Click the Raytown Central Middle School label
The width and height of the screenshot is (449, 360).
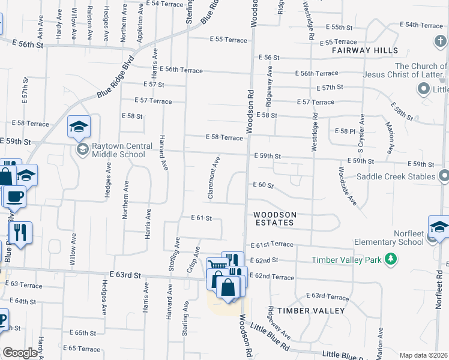pos(118,150)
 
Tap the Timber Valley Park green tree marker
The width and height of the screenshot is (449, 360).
pos(391,259)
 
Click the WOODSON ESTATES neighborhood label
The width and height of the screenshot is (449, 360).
pos(273,218)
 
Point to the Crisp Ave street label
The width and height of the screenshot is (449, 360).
pos(193,259)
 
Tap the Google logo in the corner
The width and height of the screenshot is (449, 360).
pos(20,353)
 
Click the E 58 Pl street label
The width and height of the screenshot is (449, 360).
pos(345,131)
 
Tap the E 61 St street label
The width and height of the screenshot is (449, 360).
pos(202,218)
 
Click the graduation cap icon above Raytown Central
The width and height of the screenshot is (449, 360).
pos(79,127)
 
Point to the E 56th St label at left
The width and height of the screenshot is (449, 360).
pos(29,44)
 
